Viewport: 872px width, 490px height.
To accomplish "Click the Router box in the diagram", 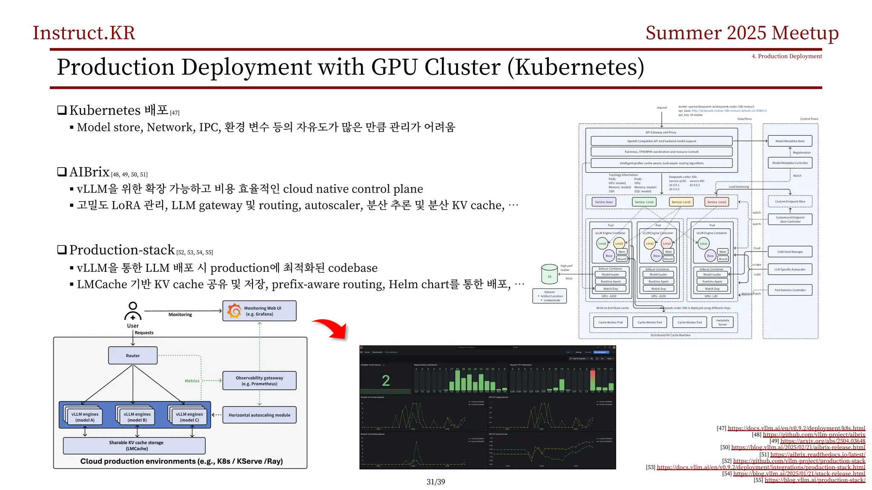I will [132, 356].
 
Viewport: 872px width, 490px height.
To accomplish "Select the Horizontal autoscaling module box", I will [259, 415].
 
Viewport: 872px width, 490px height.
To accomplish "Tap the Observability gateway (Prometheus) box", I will [259, 381].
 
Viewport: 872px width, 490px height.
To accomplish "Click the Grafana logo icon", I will [234, 311].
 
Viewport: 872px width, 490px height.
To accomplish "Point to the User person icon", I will [133, 311].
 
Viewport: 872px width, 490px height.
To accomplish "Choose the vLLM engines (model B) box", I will [137, 417].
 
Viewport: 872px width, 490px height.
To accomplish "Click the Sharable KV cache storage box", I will [134, 445].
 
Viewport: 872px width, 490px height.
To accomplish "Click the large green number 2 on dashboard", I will [386, 381].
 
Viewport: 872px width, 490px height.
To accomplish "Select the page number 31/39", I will [436, 481].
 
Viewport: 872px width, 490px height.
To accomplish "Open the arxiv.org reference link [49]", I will [823, 441].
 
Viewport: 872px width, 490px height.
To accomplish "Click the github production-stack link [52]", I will [799, 461].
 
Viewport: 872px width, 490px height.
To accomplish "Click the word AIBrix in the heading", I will [89, 172].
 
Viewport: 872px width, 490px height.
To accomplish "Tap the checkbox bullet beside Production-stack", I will [62, 250].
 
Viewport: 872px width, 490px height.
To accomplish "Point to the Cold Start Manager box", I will [790, 252].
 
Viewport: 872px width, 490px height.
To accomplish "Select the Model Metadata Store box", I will [790, 141].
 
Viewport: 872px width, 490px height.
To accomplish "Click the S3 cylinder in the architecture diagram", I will [549, 274].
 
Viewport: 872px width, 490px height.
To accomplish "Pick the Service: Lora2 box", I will [681, 202].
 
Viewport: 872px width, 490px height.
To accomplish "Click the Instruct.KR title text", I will [84, 33].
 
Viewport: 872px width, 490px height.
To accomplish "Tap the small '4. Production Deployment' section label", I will [786, 56].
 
